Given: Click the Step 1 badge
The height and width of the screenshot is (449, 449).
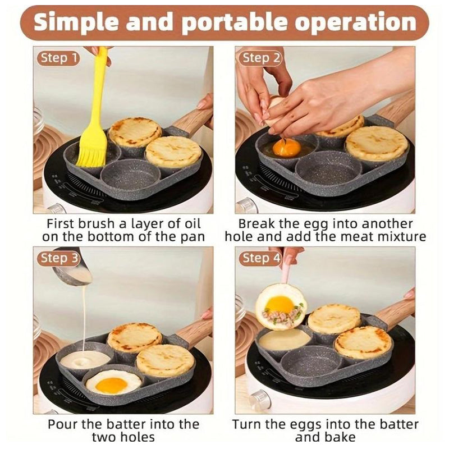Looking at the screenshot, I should pos(58,58).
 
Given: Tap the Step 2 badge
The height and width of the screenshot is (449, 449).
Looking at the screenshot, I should pos(261,58).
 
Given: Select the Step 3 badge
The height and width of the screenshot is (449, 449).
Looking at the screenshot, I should pos(59,258).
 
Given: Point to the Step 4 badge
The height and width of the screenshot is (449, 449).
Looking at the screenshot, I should pos(261,258).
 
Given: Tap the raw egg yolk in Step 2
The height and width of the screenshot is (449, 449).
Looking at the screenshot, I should pos(286,148).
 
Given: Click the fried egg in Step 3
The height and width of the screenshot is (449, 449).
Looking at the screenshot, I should pos(112,383).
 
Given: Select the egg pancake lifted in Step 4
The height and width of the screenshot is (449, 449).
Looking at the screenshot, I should pos(281,306).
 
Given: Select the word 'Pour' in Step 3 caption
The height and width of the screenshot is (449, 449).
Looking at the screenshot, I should pos(62,424).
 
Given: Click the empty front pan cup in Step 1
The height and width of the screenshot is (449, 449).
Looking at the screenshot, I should pos(123,176).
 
